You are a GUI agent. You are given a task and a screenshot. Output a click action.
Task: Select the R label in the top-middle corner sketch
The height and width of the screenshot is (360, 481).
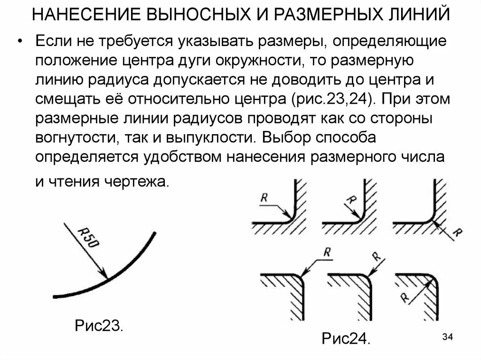point(350,200)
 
